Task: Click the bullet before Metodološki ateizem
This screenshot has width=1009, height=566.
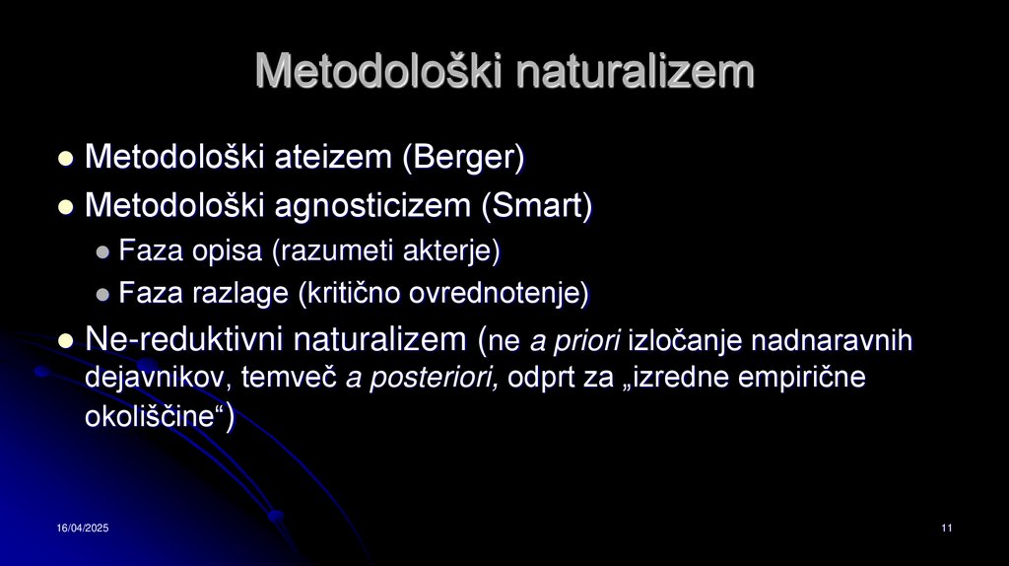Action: point(66,158)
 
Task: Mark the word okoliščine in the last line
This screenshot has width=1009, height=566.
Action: point(150,417)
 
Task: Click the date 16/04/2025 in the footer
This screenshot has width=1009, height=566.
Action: point(82,530)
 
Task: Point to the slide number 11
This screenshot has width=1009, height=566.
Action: point(946,530)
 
